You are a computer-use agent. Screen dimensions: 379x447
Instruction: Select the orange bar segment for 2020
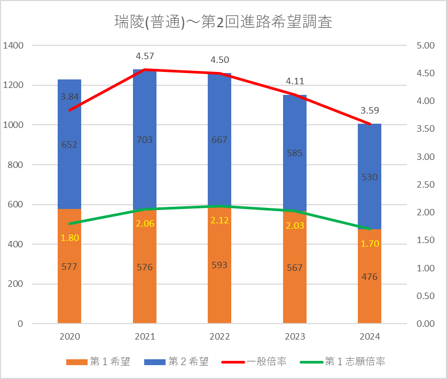pyautogui.click(x=69, y=288)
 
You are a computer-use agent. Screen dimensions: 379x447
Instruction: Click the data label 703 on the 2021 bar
pyautogui.click(x=145, y=140)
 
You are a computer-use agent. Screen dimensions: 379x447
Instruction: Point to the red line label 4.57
pyautogui.click(x=145, y=55)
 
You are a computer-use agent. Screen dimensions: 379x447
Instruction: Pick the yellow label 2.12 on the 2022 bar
pyautogui.click(x=219, y=221)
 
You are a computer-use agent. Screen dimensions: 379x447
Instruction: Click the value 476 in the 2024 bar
pyautogui.click(x=370, y=277)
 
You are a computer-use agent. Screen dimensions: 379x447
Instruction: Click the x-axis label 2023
pyautogui.click(x=295, y=337)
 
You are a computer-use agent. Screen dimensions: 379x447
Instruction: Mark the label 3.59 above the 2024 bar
pyautogui.click(x=370, y=111)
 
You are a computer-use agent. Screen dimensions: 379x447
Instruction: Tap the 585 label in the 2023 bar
pyautogui.click(x=295, y=154)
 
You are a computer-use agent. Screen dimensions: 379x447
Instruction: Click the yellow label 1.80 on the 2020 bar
pyautogui.click(x=69, y=238)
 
